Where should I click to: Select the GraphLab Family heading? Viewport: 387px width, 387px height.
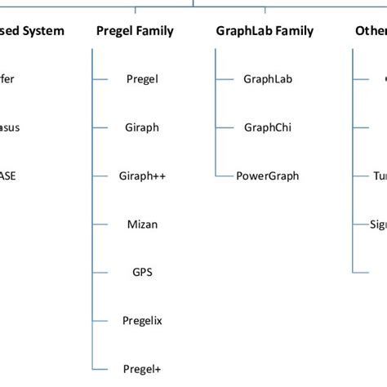click(x=264, y=31)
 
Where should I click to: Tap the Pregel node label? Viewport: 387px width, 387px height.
click(x=143, y=79)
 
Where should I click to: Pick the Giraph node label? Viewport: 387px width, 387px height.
click(x=143, y=127)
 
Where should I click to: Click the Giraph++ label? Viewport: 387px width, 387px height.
click(x=143, y=176)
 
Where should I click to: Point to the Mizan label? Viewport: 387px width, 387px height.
click(x=143, y=224)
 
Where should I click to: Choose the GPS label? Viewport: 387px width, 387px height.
click(x=143, y=272)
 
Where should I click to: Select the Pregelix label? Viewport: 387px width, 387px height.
click(x=143, y=320)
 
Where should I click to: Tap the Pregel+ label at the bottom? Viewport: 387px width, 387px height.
click(x=143, y=368)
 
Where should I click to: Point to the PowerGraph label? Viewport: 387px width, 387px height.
click(x=267, y=176)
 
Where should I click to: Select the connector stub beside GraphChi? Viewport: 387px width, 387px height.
click(x=223, y=127)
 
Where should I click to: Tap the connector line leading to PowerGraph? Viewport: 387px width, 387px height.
click(x=223, y=176)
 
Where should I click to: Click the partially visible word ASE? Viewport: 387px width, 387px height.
click(x=7, y=176)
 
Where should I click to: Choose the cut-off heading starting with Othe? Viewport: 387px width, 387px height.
click(x=371, y=31)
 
